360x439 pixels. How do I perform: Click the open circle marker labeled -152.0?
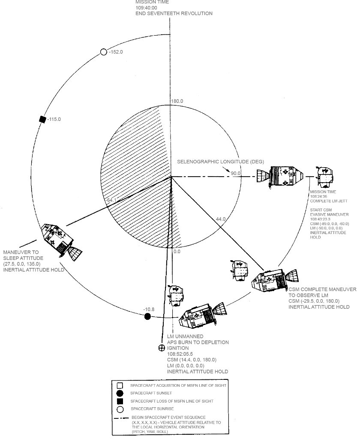103,52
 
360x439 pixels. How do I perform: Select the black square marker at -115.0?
42,119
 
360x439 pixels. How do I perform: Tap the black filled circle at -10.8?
148,316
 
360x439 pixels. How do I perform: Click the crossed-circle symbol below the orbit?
162,348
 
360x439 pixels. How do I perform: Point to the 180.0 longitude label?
177,101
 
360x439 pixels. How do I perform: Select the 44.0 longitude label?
221,219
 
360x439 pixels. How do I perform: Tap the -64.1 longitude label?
111,200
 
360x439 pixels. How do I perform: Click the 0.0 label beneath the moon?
177,252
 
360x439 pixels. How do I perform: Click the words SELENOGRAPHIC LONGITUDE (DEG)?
220,162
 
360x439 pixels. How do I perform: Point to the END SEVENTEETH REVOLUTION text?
174,13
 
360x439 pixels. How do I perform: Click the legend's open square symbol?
120,385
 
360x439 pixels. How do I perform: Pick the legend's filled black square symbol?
120,401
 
